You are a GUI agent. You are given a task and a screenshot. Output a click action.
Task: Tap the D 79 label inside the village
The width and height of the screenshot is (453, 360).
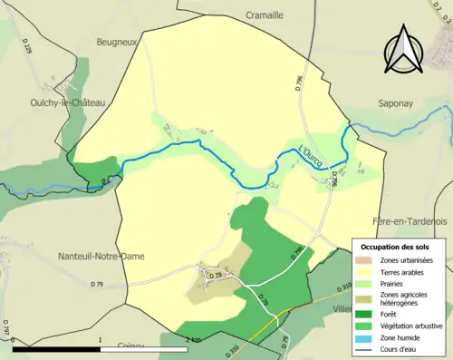click(x=216, y=275)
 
